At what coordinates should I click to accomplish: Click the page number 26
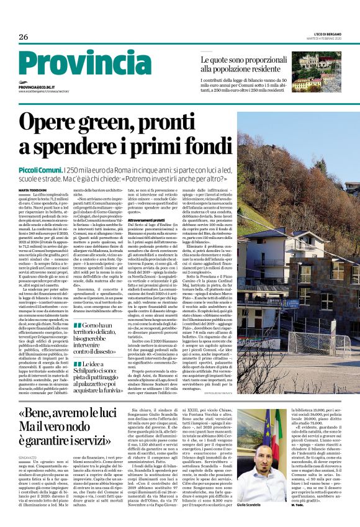(24, 37)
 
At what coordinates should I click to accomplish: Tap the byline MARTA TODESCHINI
(32, 189)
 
